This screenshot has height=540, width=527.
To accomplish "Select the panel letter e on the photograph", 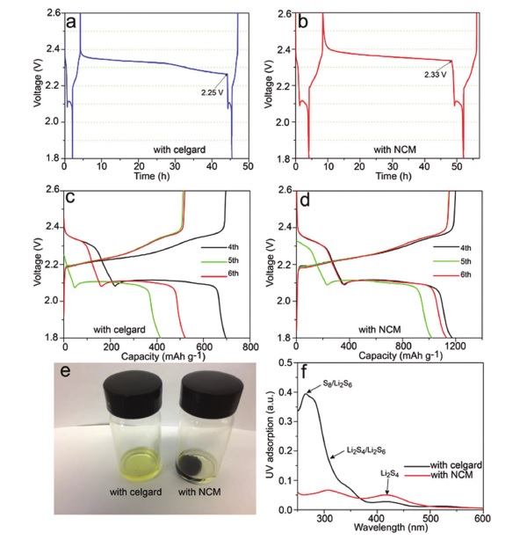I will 70,363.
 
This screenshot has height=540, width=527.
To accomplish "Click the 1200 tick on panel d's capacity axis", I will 479,347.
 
